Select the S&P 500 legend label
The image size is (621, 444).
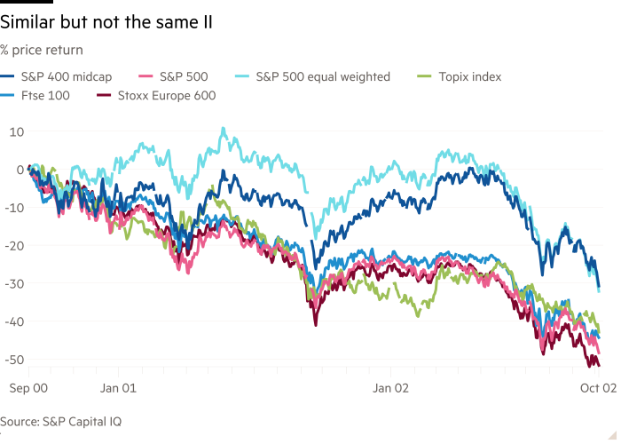(x=184, y=77)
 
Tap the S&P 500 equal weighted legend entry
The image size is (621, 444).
(x=322, y=77)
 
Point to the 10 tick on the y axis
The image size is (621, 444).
(x=16, y=131)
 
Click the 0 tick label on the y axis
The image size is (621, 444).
(x=20, y=170)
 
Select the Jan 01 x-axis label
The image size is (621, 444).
(x=118, y=388)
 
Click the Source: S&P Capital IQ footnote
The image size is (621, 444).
(x=60, y=422)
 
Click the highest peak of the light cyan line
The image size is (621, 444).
(x=223, y=129)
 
